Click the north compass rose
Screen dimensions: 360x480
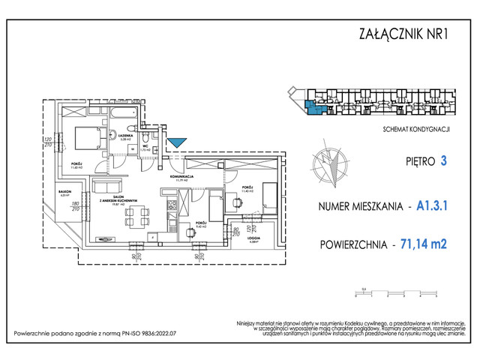329,166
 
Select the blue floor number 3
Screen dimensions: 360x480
444,160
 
